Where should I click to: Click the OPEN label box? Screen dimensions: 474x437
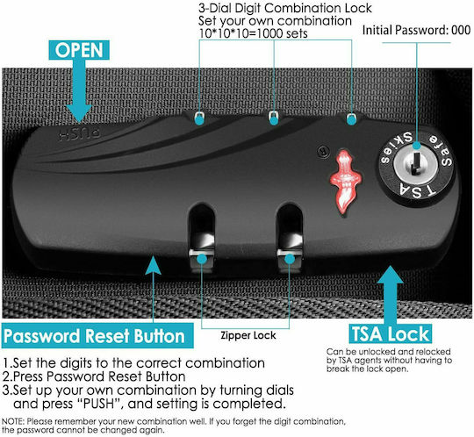[x=79, y=50]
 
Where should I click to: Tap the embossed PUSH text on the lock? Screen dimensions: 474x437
[x=80, y=135]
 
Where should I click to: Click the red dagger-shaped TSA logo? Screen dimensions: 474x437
[x=345, y=182]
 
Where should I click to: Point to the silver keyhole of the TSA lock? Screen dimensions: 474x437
[x=416, y=164]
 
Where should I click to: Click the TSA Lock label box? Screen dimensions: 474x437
[x=391, y=334]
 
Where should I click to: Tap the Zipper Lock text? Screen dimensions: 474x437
[x=248, y=335]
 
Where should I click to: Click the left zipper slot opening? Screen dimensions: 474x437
[x=202, y=230]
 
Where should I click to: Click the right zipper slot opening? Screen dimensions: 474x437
[x=290, y=230]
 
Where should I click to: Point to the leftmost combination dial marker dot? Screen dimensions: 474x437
[x=199, y=120]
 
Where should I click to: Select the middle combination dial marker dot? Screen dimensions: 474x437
[x=274, y=120]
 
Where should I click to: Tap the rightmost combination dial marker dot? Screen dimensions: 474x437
[x=351, y=120]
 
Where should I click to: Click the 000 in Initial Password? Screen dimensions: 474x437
[x=461, y=30]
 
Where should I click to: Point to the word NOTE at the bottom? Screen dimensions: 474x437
[x=12, y=421]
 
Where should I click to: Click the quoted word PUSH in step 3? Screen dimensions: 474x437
[x=99, y=404]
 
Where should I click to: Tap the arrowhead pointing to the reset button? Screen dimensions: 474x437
[x=153, y=265]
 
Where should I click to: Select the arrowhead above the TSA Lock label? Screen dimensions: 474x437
[x=390, y=276]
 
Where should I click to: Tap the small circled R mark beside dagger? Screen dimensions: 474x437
[x=324, y=151]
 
